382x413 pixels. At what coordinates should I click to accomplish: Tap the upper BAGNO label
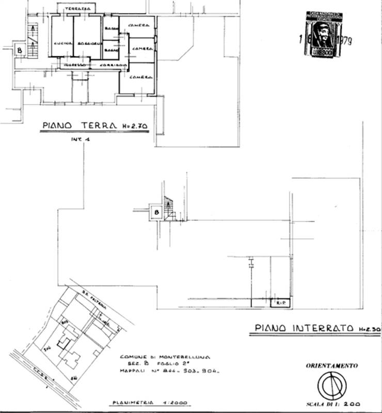[111, 29]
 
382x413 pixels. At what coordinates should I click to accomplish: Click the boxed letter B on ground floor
[20, 51]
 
